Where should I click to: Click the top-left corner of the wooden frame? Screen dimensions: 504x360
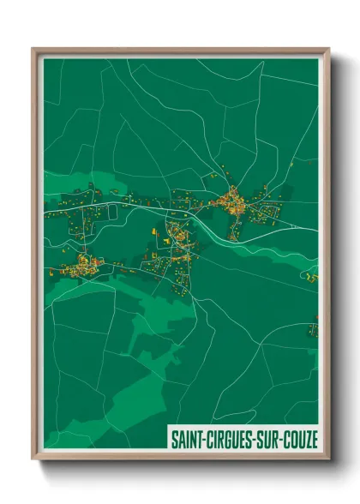click(33, 50)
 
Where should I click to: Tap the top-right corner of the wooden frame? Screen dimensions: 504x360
click(328, 50)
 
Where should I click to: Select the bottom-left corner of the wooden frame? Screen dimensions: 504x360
click(33, 459)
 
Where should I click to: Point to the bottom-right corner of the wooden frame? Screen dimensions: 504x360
click(328, 459)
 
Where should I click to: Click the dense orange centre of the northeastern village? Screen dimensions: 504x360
click(233, 202)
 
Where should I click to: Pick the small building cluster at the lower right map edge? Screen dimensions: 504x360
click(314, 327)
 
